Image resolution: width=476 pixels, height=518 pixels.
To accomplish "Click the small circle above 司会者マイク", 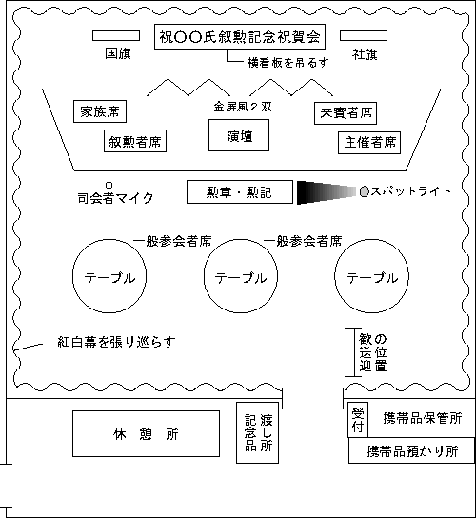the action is pos(109,185).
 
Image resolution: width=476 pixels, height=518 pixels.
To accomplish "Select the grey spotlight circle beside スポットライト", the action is pos(364,191).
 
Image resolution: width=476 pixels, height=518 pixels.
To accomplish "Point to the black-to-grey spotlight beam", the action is pos(327,192).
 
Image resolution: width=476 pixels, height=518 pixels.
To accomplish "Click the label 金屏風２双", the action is pos(243,107).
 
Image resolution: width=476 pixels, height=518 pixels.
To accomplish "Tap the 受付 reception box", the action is pos(358,420).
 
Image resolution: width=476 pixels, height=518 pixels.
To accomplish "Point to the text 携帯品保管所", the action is pos(423,418).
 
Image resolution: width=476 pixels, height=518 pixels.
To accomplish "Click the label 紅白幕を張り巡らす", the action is pos(116,342).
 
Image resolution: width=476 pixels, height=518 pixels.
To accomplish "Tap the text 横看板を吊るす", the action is pos(288,62).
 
